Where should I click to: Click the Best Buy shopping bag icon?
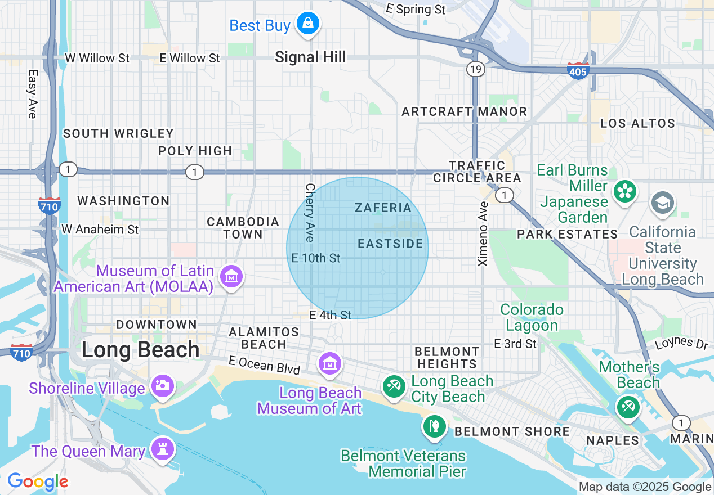(x=307, y=24)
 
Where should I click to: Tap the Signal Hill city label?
(x=310, y=57)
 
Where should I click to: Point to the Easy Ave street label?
(x=32, y=94)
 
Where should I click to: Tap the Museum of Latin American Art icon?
(x=231, y=277)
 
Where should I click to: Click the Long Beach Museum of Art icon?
(x=329, y=364)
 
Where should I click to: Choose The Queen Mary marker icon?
(x=163, y=449)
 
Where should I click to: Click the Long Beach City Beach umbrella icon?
(x=393, y=386)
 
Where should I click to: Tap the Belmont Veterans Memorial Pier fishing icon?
(x=434, y=426)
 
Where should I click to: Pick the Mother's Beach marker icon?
(x=628, y=407)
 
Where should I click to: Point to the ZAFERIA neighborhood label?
(x=383, y=208)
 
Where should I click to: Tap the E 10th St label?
(x=316, y=258)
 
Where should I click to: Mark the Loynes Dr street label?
(x=681, y=343)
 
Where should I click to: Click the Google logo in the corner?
(x=38, y=482)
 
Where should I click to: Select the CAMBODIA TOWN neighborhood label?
(x=243, y=228)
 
